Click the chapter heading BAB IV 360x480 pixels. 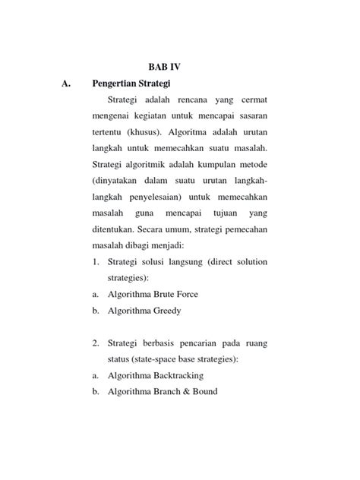[165, 66]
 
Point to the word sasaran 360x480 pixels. [248, 115]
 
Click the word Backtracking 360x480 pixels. [181, 376]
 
